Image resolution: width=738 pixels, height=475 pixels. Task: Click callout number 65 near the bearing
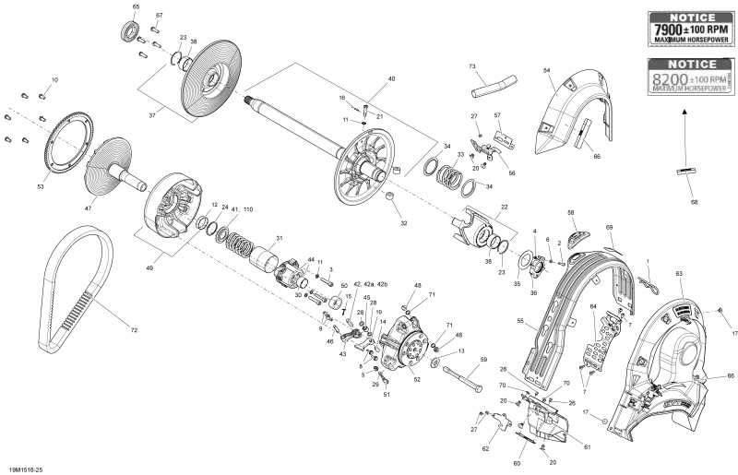pos(137,7)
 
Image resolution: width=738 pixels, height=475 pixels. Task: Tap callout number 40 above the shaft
pos(391,79)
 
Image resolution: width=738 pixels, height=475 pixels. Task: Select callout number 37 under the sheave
pos(153,116)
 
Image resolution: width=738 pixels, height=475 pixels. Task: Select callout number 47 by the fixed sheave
pos(89,208)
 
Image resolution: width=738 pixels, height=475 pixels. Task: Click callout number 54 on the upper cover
pos(546,71)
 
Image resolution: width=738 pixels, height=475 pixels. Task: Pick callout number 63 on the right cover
pos(679,274)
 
